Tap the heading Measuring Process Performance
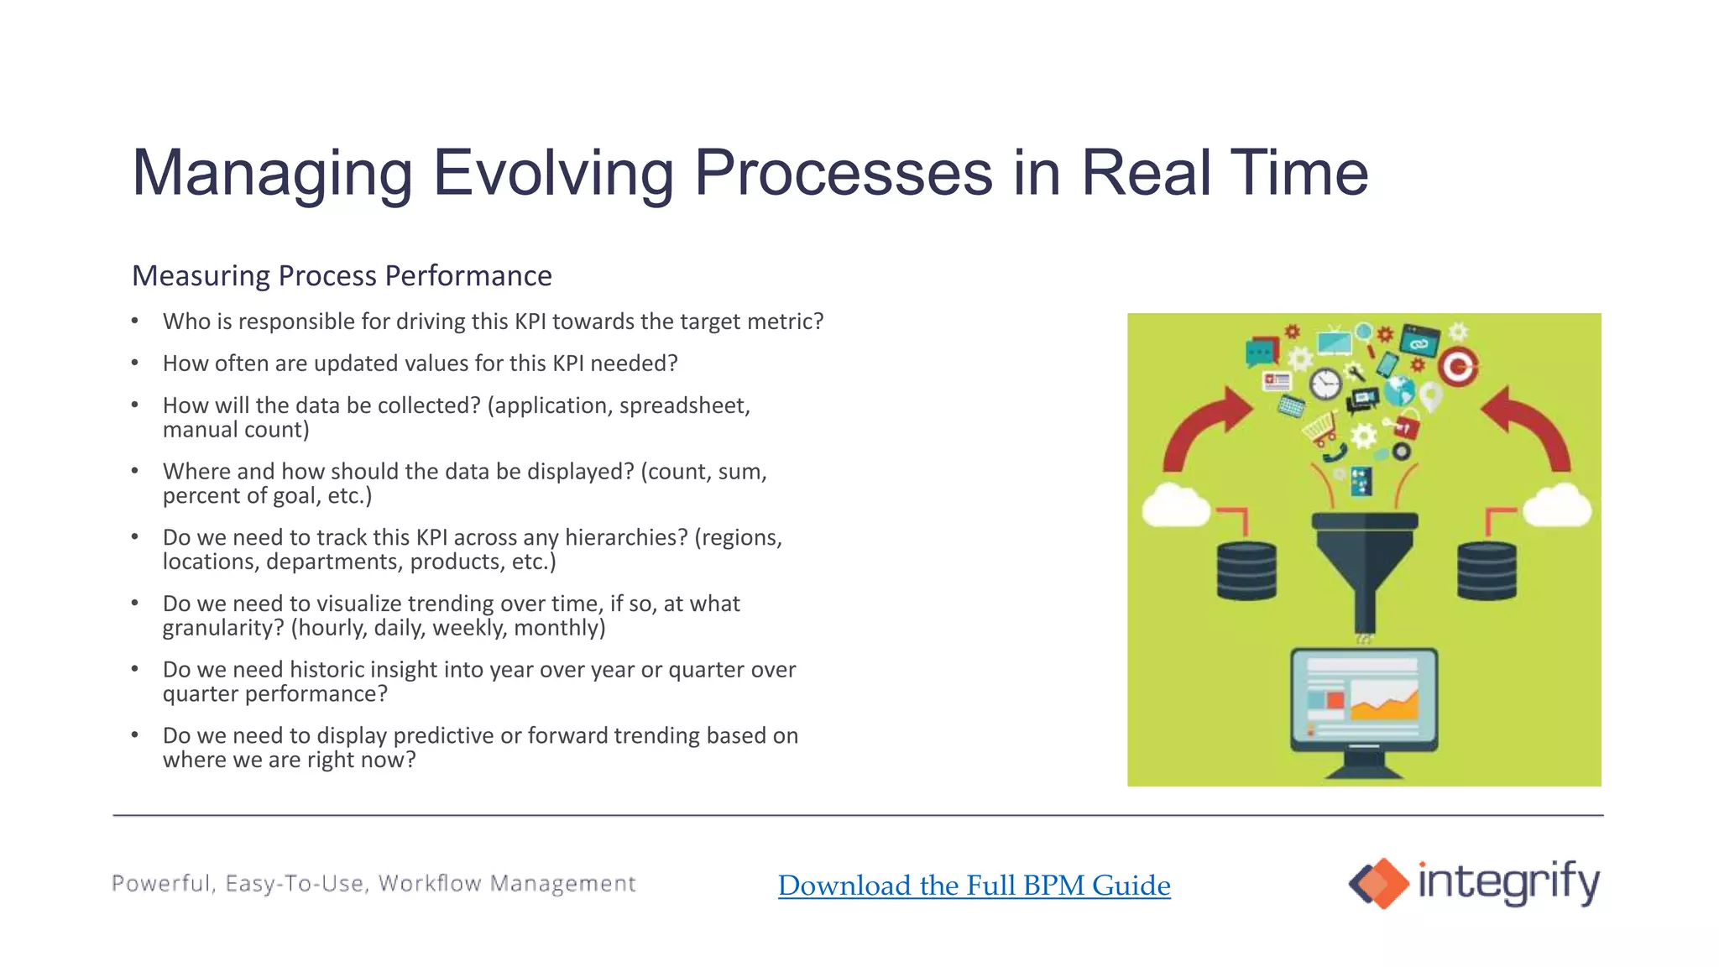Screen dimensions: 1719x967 pos(342,275)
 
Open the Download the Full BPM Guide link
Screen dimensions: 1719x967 pos(974,886)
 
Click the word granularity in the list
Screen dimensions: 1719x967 pos(223,629)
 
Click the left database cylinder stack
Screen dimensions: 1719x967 pos(1246,571)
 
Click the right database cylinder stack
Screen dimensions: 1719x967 pos(1486,571)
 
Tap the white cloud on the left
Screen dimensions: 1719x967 pos(1176,505)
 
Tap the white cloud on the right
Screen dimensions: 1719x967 pos(1557,505)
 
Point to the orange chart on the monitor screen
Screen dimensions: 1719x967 pos(1385,703)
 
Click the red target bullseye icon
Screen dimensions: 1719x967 pos(1458,367)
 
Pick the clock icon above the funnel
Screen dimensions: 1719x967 pos(1325,384)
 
